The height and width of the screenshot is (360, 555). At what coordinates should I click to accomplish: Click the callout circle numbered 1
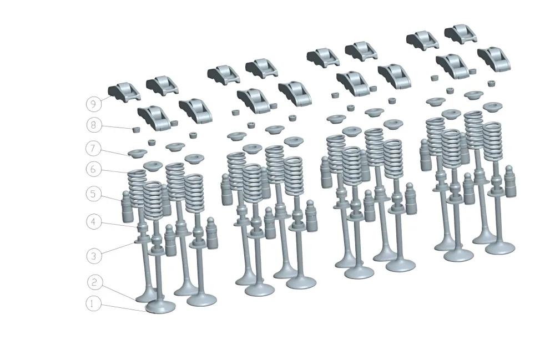tap(93, 304)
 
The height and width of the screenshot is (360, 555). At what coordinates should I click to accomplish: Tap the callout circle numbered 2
tap(95, 282)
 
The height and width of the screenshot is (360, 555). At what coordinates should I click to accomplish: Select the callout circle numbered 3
tap(94, 256)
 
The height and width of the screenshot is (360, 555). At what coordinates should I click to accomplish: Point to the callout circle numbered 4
tap(93, 222)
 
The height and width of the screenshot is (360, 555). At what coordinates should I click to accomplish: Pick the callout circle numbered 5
tap(93, 194)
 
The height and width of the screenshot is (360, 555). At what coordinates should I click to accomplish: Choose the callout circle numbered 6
tap(93, 169)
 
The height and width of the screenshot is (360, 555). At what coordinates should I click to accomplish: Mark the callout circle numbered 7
tap(93, 148)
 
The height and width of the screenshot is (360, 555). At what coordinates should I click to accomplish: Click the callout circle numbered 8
tap(93, 125)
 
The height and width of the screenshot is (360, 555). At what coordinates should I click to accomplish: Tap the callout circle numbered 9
tap(93, 104)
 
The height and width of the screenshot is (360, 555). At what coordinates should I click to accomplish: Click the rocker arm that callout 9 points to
tap(124, 91)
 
